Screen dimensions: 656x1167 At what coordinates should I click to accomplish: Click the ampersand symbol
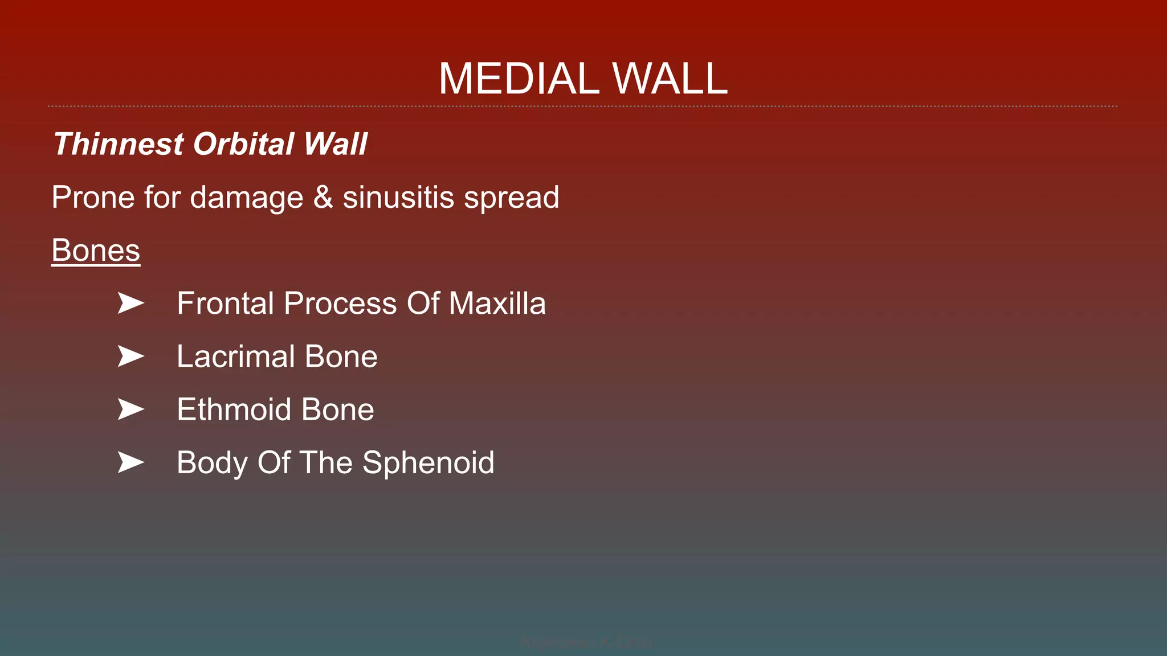[x=323, y=198]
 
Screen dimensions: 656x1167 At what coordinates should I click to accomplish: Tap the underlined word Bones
[x=96, y=251]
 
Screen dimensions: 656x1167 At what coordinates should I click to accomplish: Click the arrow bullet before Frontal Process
[x=130, y=303]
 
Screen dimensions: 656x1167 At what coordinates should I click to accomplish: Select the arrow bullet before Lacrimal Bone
[x=130, y=356]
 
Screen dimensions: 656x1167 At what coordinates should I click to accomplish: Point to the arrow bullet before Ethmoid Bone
[x=130, y=409]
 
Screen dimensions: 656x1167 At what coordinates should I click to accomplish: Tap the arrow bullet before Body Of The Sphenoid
[x=130, y=462]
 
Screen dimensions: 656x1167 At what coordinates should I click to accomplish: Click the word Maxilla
[x=497, y=304]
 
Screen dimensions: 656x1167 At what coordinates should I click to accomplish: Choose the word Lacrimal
[x=235, y=357]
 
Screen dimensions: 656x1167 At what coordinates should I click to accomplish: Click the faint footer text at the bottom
[x=587, y=643]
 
